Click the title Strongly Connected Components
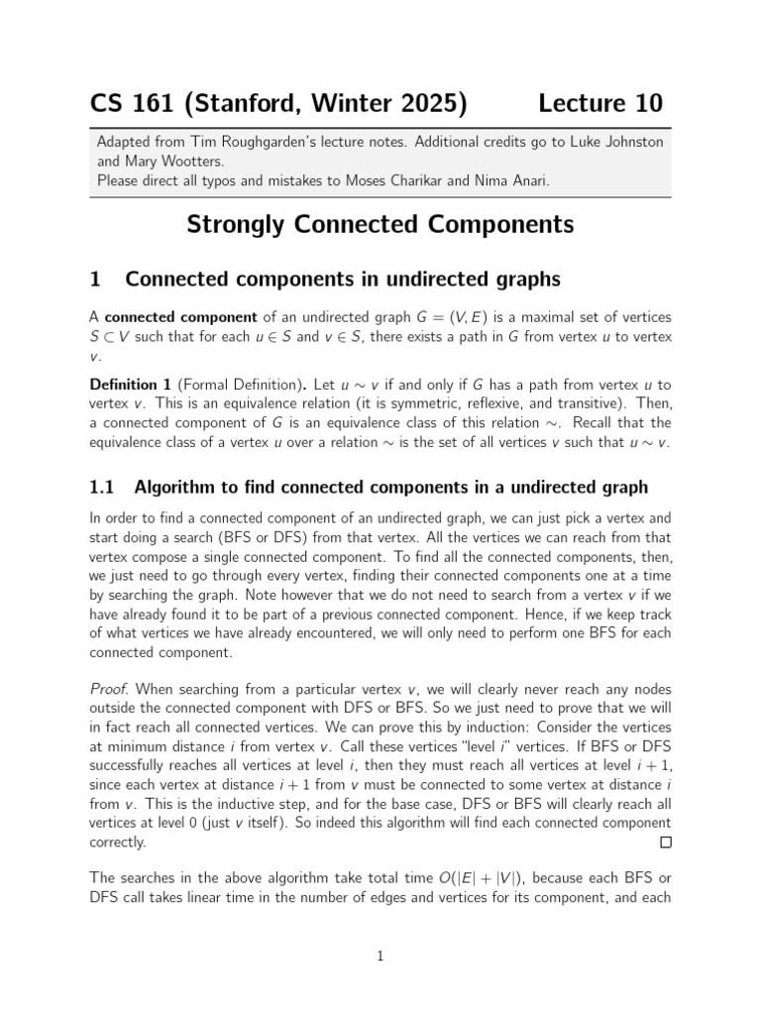[x=380, y=225]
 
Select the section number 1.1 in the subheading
[x=103, y=487]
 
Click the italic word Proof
[x=108, y=689]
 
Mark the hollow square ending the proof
[x=665, y=843]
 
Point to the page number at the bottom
[x=380, y=956]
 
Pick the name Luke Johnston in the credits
[x=613, y=142]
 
